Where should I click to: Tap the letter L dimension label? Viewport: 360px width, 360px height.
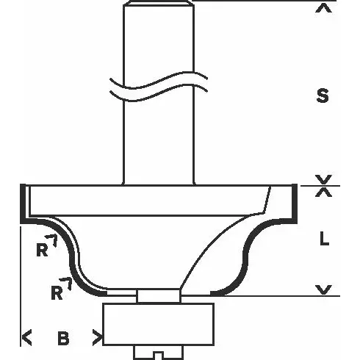323,239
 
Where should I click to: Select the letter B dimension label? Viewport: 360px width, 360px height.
63,339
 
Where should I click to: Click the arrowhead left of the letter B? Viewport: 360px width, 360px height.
27,339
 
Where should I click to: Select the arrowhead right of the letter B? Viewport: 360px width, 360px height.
96,339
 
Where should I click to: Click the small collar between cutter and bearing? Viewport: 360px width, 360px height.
159,294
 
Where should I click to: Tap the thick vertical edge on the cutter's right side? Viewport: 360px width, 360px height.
296,202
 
